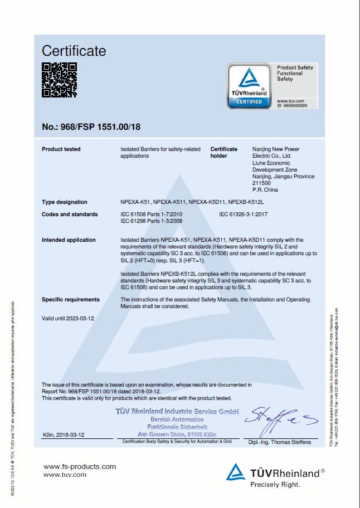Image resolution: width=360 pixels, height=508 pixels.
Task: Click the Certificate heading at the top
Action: (x=74, y=51)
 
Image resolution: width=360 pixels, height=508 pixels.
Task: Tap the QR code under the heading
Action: (x=60, y=80)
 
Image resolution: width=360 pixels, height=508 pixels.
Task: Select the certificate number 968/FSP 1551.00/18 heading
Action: (x=91, y=127)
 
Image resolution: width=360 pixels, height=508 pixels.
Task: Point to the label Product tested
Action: (x=61, y=149)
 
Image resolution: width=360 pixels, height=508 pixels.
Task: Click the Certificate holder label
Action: (x=224, y=152)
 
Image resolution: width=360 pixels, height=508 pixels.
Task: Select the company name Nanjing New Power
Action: (x=275, y=149)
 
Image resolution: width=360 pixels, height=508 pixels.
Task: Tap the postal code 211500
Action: (x=261, y=183)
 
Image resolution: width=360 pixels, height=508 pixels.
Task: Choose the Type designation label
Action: (x=65, y=202)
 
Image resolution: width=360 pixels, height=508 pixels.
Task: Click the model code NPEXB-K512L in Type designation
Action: (x=247, y=202)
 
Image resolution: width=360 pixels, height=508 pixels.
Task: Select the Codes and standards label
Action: (x=70, y=214)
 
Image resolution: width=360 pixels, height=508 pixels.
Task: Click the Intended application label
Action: (x=69, y=240)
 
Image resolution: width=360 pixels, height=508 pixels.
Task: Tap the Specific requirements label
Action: (x=71, y=300)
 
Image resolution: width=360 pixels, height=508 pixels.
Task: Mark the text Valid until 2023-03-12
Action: (x=68, y=318)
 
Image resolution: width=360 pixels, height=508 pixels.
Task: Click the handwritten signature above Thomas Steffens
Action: (x=279, y=422)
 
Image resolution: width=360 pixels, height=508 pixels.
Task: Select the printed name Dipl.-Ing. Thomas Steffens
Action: (x=280, y=443)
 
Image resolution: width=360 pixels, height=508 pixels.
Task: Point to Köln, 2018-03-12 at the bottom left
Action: (x=64, y=434)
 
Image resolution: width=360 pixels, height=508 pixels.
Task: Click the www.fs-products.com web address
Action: (x=80, y=467)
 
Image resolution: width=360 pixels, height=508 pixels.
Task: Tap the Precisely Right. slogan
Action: (x=275, y=485)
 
